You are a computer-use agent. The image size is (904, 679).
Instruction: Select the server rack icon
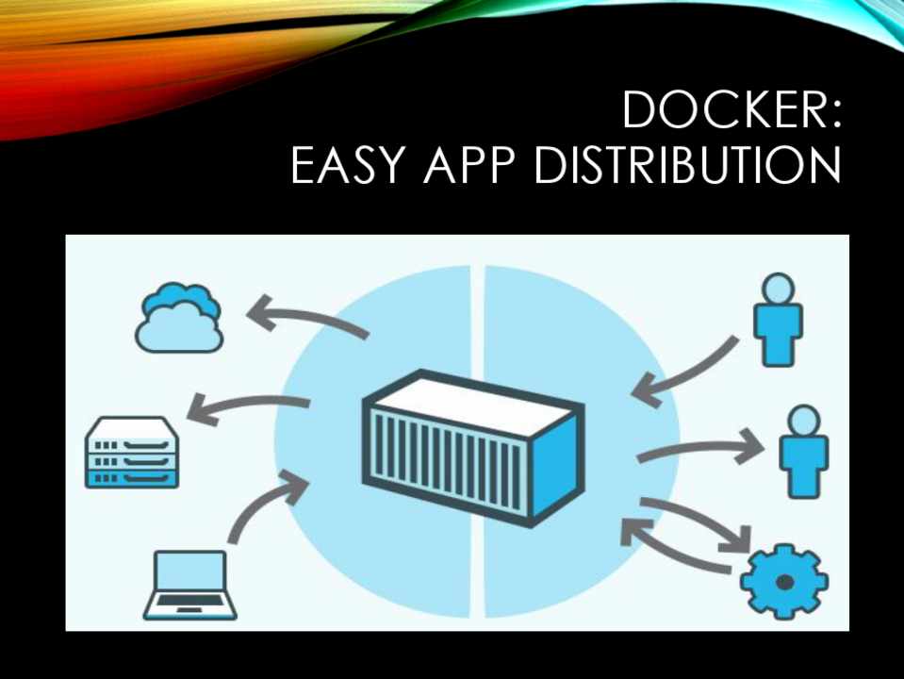click(x=132, y=454)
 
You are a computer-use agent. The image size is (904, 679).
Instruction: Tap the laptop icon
click(x=189, y=585)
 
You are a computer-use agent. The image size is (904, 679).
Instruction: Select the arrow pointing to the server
click(x=249, y=407)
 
